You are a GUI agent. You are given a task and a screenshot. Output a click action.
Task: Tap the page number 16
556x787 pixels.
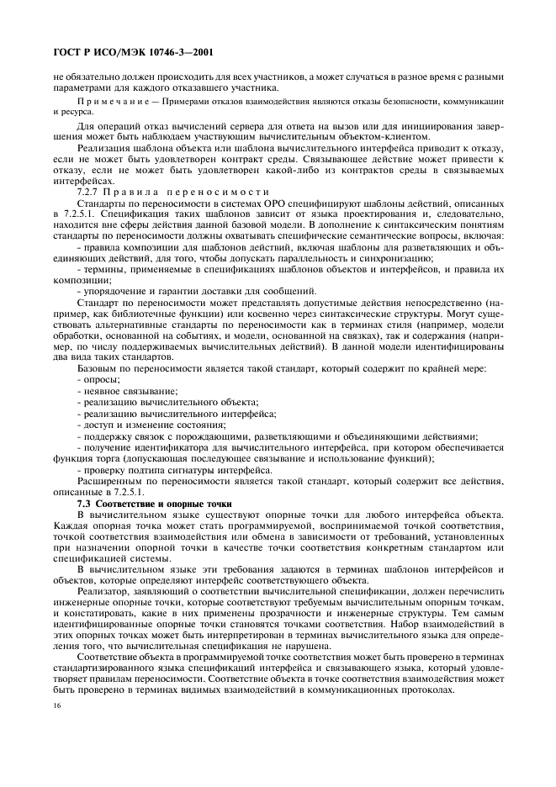click(56, 715)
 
